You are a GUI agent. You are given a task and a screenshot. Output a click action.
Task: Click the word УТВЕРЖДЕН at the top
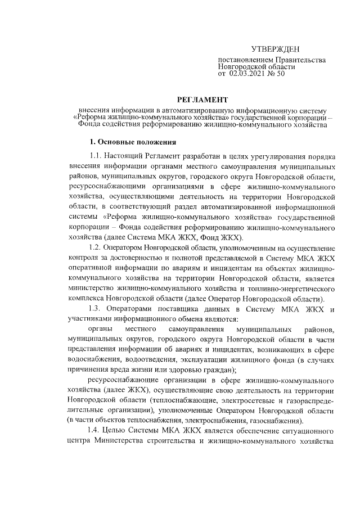[275, 51]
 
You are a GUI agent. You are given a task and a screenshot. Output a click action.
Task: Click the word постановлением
[244, 60]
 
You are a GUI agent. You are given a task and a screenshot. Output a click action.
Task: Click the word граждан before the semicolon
[219, 370]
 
